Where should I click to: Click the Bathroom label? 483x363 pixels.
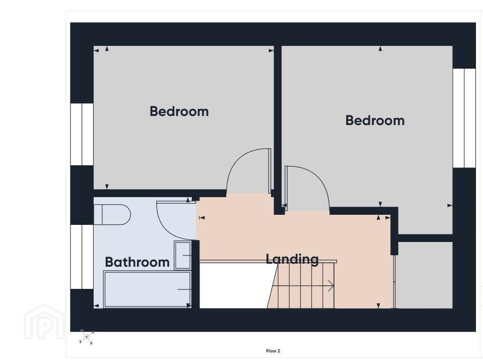coord(137,262)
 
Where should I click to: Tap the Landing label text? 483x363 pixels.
coord(292,259)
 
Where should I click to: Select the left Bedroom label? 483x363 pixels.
coord(179,111)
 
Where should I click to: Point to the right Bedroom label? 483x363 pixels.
coord(375,120)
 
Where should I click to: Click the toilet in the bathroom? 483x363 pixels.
coord(112,214)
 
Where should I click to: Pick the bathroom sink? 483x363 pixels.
coord(183,256)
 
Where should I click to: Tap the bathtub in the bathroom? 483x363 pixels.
coord(147,289)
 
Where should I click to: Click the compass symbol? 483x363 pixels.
coord(87,336)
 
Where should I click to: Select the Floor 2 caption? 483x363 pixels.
coord(273,351)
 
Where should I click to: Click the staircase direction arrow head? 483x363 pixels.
coord(331,286)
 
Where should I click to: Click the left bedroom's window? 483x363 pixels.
coord(82,134)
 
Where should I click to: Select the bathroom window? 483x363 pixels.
coord(82,257)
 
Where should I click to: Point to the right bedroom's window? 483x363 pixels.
coord(464,118)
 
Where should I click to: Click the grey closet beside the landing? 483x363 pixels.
coord(424,275)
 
